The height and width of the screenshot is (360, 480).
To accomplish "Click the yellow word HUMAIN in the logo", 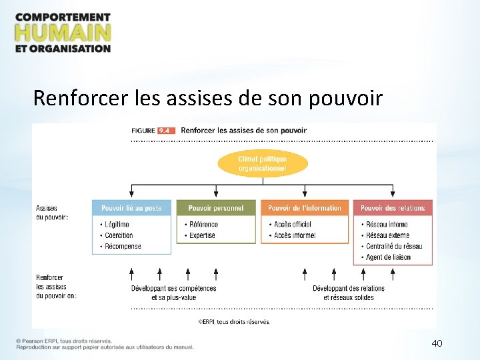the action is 63,32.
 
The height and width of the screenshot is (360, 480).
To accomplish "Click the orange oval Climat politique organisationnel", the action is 263,164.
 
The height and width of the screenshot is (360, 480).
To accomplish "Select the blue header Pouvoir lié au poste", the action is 131,208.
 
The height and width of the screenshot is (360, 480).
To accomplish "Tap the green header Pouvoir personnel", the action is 216,208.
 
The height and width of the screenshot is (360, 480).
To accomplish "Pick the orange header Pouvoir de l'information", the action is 305,208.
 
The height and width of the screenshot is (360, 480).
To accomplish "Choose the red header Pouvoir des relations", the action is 393,208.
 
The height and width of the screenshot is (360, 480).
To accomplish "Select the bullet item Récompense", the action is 123,246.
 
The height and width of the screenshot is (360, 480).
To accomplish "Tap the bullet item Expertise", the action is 202,235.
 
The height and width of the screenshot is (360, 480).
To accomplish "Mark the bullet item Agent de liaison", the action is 389,257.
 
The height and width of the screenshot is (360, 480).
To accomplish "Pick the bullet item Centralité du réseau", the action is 394,246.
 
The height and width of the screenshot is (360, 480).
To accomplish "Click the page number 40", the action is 437,343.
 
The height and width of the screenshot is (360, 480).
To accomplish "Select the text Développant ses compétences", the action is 174,289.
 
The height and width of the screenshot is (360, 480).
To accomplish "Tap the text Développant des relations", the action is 349,289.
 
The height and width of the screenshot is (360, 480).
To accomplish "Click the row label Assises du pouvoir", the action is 52,213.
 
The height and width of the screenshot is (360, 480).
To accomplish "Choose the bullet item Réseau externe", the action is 387,235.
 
